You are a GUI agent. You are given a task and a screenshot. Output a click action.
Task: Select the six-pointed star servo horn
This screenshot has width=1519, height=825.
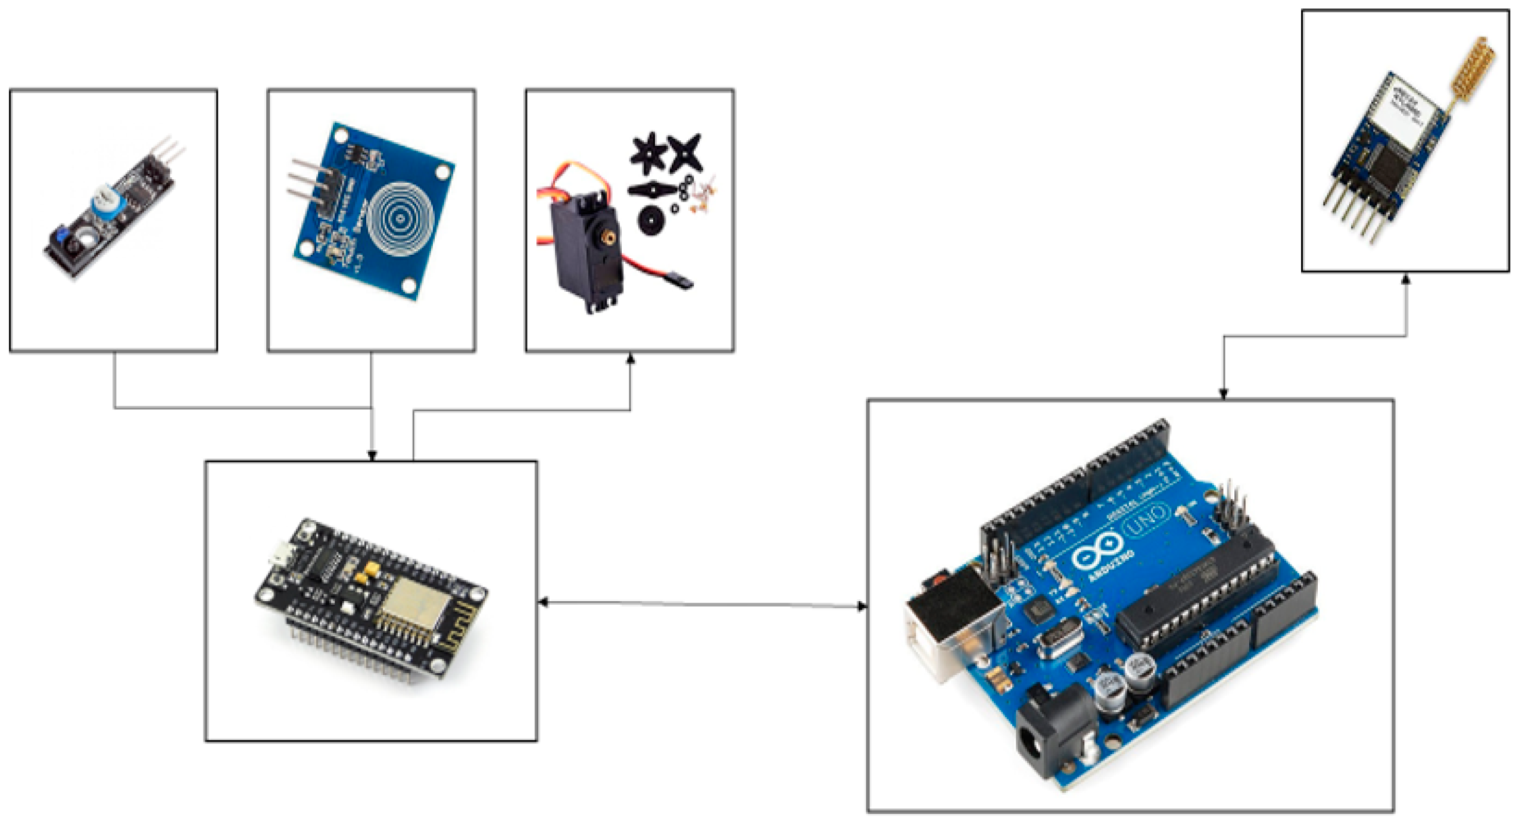(x=648, y=150)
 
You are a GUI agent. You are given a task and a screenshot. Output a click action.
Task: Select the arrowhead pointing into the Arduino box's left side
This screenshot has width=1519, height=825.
(x=861, y=606)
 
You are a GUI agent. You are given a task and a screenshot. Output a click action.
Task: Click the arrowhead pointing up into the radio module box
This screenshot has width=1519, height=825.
(x=1406, y=279)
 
